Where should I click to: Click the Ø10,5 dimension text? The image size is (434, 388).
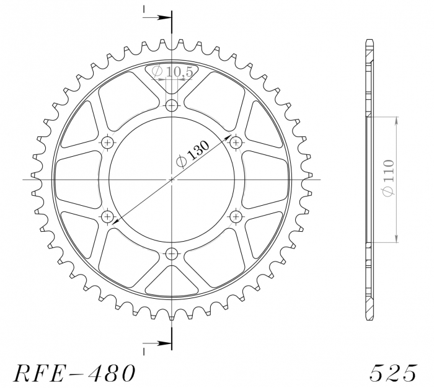pyautogui.click(x=172, y=73)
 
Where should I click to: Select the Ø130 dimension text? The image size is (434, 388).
pyautogui.click(x=193, y=152)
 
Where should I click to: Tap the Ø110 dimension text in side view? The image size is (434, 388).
pyautogui.click(x=387, y=179)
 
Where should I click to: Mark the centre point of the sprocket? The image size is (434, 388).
pyautogui.click(x=172, y=179)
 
